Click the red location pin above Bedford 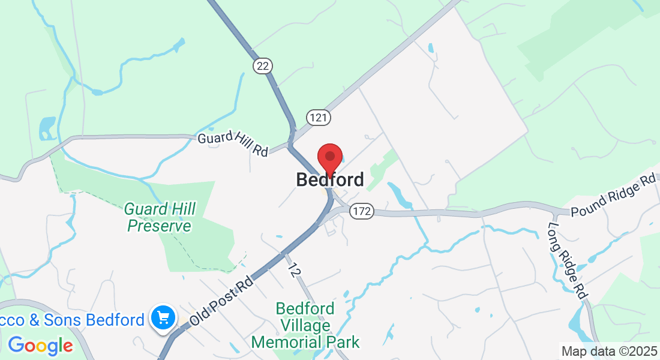(329, 159)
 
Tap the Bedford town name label (330, 179)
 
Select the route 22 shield (262, 66)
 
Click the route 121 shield (318, 117)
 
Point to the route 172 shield (362, 211)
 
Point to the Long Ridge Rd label (567, 260)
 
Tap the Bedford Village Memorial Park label (305, 326)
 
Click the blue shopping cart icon (163, 318)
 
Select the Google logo (40, 346)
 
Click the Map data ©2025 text (608, 351)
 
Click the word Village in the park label (305, 326)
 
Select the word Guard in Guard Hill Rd (213, 139)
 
